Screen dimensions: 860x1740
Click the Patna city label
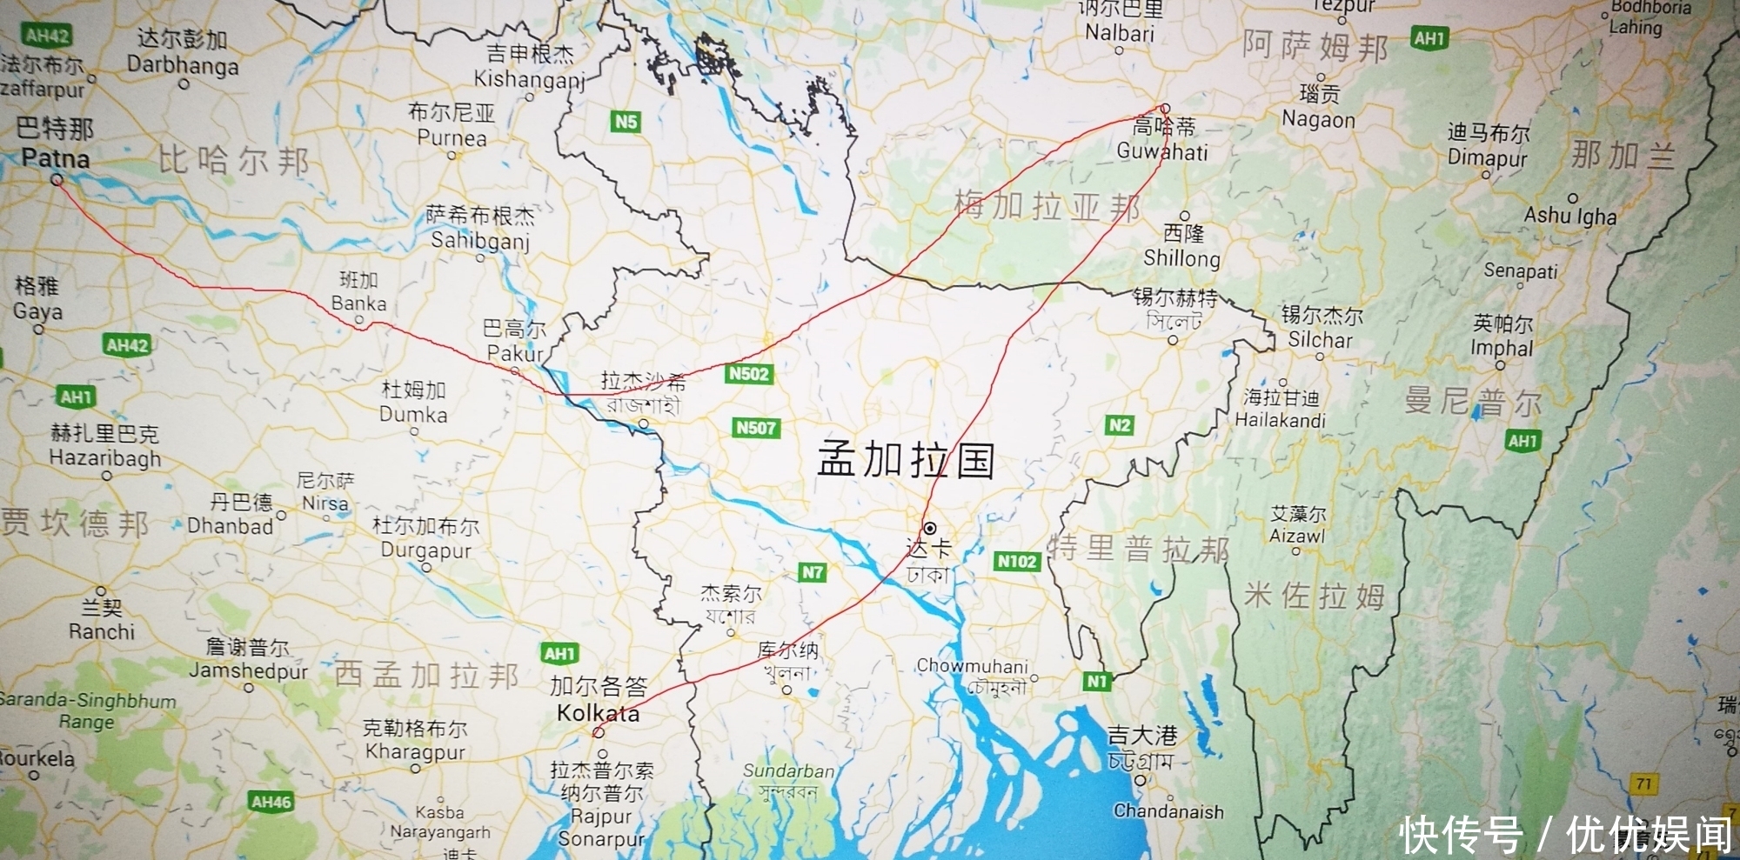point(55,158)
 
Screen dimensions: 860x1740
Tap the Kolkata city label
point(598,713)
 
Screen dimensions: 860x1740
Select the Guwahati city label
point(1162,151)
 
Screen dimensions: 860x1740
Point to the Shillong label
point(1181,258)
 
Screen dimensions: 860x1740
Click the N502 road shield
point(748,374)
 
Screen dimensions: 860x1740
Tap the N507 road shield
point(756,427)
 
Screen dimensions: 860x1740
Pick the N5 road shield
point(626,122)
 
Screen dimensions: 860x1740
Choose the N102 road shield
point(1016,561)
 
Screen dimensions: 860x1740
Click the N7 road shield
point(812,572)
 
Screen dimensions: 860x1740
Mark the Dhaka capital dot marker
point(930,528)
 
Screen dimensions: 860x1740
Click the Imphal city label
point(1502,348)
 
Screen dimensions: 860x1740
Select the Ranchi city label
point(102,631)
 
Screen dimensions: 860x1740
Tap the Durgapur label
point(425,550)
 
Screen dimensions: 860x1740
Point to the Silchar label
point(1320,339)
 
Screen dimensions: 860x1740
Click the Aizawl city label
point(1296,536)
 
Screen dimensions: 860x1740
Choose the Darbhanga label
point(183,65)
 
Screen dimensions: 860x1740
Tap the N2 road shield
point(1119,424)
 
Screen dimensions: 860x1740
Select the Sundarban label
point(788,770)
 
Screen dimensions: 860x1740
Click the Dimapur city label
point(1487,158)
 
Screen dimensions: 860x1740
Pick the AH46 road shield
point(271,802)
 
